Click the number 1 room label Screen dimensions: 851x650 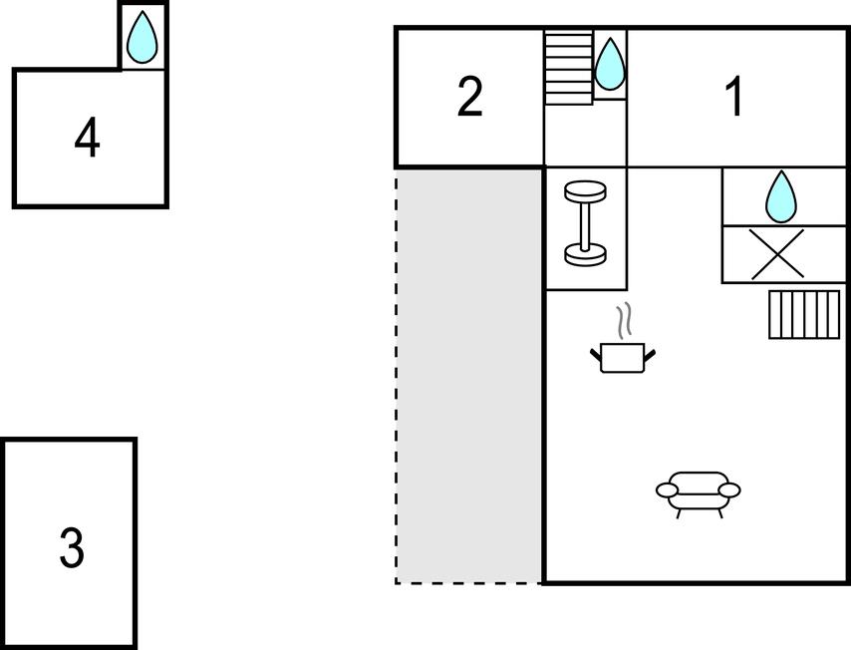point(734,97)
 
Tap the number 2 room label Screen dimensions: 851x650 point(469,97)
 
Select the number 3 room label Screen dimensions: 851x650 point(72,548)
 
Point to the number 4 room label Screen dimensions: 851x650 point(87,138)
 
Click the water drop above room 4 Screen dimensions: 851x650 point(142,36)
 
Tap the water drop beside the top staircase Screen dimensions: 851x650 point(610,64)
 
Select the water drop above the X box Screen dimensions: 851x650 point(781,196)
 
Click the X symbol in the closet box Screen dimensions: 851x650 point(776,254)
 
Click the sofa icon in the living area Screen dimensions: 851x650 point(699,493)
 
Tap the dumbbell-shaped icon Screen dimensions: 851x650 point(585,223)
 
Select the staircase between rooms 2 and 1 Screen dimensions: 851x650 point(568,68)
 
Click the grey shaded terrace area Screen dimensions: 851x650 point(469,376)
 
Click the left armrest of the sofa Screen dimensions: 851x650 point(667,490)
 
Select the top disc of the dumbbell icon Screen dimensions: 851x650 point(585,191)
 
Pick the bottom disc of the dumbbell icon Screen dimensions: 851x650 point(585,254)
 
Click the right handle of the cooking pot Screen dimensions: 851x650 point(650,356)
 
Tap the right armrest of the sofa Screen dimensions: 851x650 point(729,490)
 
